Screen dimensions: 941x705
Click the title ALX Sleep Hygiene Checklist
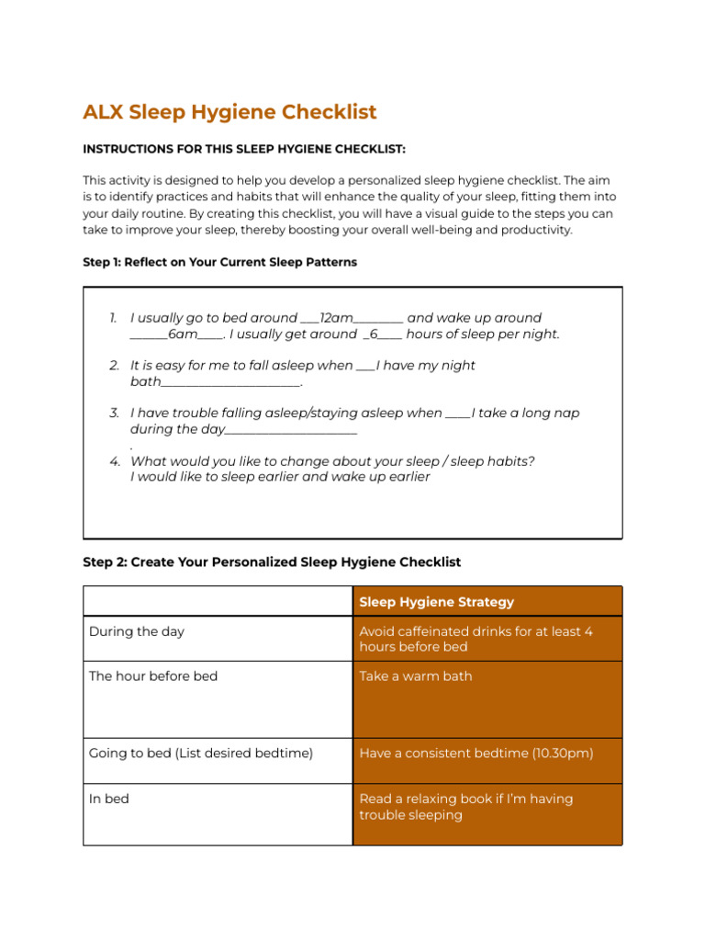(x=229, y=112)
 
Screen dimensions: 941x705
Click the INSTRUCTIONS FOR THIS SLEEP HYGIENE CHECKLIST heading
(x=243, y=149)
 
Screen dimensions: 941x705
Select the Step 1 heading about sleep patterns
(x=219, y=262)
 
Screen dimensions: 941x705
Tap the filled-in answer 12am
(x=336, y=318)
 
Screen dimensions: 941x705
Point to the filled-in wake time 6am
(x=183, y=334)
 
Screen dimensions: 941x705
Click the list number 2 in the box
(x=114, y=366)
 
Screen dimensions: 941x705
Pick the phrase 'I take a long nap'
(x=526, y=414)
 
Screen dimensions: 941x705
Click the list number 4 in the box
(x=114, y=461)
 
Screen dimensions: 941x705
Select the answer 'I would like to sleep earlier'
(x=280, y=477)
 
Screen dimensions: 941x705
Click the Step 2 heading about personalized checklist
(x=272, y=561)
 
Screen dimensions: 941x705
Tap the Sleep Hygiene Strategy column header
(x=436, y=602)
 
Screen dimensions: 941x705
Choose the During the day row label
(x=136, y=631)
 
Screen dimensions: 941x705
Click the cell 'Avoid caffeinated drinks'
(x=476, y=639)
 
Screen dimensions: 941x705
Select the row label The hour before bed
(x=153, y=675)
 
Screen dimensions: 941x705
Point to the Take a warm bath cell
(x=416, y=675)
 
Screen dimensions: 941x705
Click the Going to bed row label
(x=200, y=753)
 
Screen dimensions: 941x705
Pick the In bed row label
(x=109, y=799)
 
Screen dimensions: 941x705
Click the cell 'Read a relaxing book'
(x=465, y=806)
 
